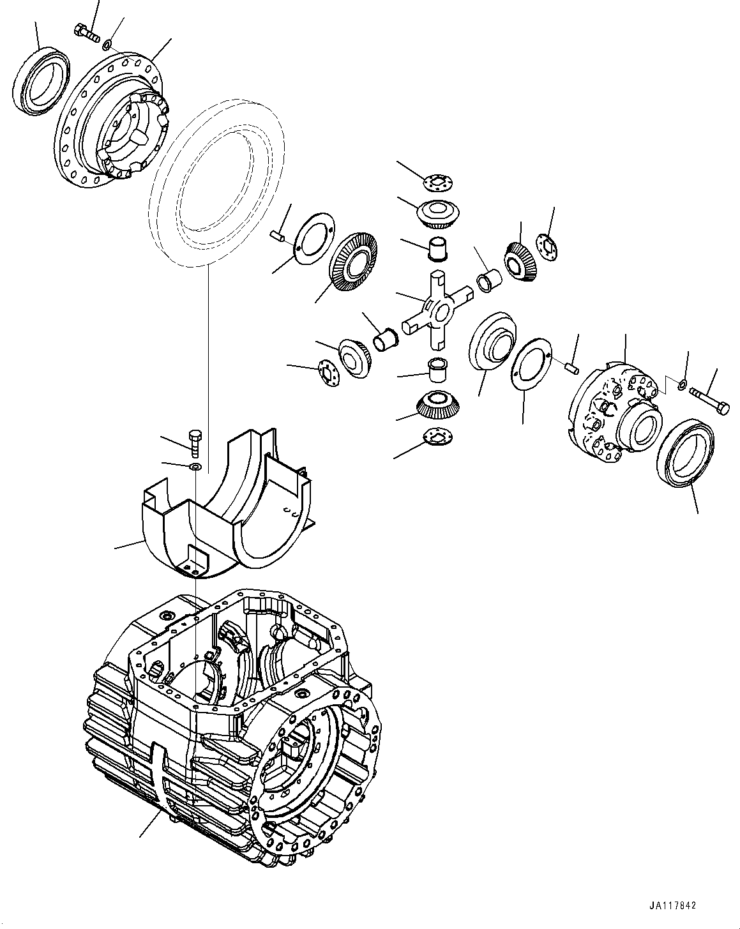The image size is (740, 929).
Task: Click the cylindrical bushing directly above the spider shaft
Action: (x=438, y=249)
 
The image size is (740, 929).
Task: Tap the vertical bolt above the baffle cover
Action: (x=195, y=443)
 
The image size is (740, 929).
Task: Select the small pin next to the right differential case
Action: (x=572, y=366)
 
